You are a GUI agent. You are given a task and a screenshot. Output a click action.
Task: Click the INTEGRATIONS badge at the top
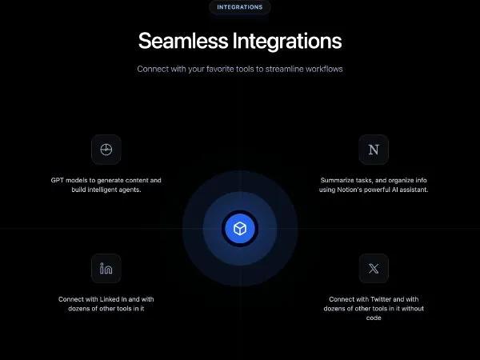(240, 7)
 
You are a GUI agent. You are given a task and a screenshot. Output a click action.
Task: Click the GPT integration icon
(106, 150)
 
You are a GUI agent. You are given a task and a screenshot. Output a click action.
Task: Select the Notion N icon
(373, 150)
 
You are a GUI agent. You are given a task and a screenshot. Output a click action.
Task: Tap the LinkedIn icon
(106, 268)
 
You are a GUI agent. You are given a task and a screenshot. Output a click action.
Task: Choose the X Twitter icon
(373, 268)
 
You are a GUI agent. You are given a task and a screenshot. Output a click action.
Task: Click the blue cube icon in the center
(239, 229)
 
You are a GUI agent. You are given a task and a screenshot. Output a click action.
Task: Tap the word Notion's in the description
(346, 190)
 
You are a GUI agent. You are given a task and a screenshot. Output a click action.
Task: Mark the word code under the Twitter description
(373, 318)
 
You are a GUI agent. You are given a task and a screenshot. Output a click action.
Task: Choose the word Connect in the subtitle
(152, 69)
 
